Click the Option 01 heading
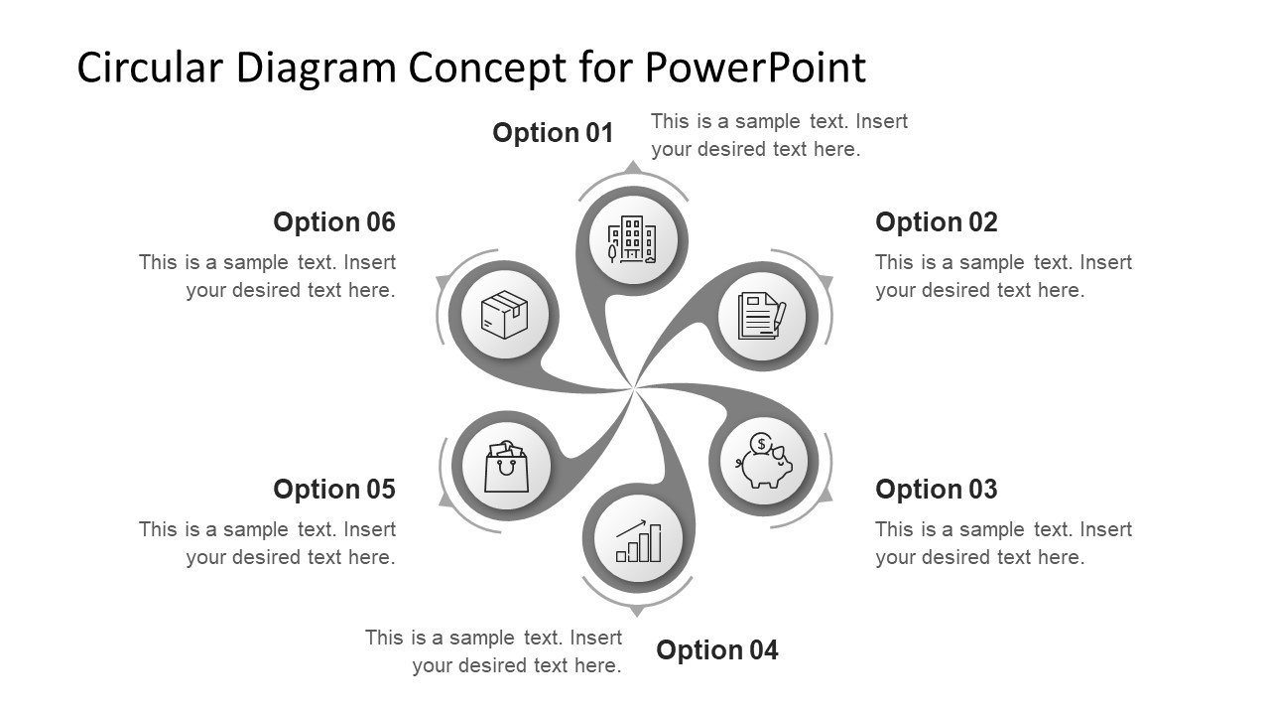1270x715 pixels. click(x=553, y=133)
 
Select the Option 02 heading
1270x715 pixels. click(x=936, y=222)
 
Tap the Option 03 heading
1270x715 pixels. click(x=936, y=490)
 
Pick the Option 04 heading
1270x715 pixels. click(x=716, y=650)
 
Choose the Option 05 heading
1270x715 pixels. click(x=333, y=490)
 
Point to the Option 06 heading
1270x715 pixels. click(x=333, y=222)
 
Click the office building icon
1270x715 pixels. click(x=632, y=239)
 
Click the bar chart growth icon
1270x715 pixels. click(x=638, y=540)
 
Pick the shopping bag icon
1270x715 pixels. click(x=506, y=466)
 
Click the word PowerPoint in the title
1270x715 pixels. click(x=755, y=68)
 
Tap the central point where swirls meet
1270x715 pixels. click(x=634, y=388)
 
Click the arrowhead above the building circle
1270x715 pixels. click(x=632, y=166)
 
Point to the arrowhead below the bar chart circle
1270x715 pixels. click(x=638, y=611)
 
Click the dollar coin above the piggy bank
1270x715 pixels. click(x=761, y=443)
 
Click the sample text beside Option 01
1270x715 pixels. click(x=779, y=135)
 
